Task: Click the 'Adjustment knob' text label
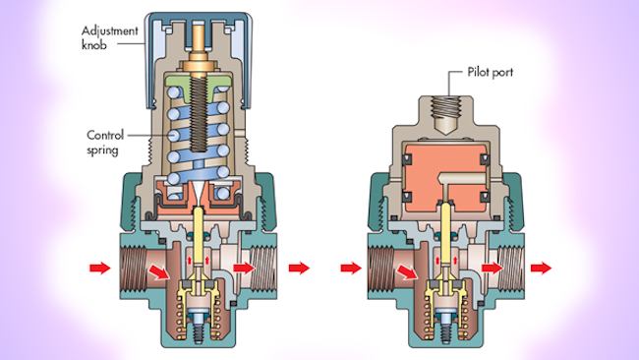(110, 37)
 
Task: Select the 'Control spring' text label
(105, 143)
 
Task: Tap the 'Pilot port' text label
(491, 72)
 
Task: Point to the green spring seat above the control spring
(198, 85)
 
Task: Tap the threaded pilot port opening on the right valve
(446, 107)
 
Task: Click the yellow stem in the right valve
(446, 232)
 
